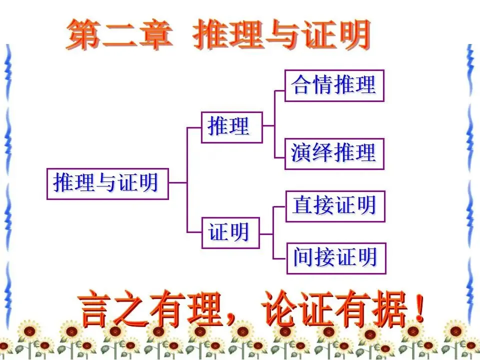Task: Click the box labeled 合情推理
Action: click(x=334, y=85)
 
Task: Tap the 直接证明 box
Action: click(x=335, y=206)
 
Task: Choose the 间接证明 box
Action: click(x=336, y=258)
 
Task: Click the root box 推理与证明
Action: click(x=107, y=183)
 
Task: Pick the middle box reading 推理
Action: click(x=231, y=127)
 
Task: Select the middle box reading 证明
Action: click(x=230, y=232)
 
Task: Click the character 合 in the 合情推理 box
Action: click(x=302, y=85)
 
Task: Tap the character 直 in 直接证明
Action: click(x=303, y=206)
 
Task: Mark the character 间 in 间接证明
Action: click(x=304, y=258)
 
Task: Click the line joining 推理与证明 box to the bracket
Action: click(x=177, y=183)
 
